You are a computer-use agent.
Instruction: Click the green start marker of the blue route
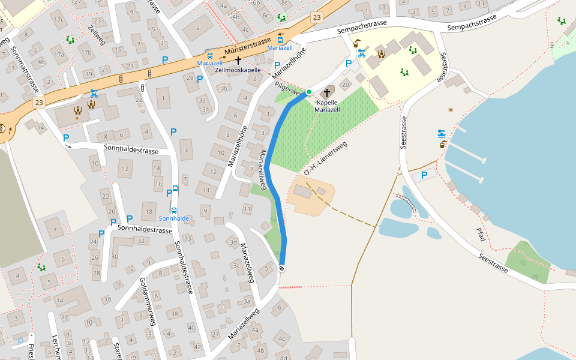pos(309,92)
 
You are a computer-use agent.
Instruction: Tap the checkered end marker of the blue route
pos(281,268)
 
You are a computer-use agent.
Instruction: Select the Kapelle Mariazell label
pos(328,106)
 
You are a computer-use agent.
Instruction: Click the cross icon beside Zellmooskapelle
pos(238,61)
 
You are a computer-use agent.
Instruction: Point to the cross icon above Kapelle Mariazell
pos(327,92)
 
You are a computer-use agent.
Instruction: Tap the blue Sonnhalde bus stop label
pos(174,218)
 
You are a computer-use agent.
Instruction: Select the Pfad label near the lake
pos(480,235)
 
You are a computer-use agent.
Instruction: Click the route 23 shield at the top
pos(316,18)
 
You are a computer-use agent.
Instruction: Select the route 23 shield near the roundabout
pos(40,103)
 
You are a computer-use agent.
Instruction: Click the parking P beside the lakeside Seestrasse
pos(424,175)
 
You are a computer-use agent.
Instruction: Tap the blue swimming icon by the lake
pos(442,133)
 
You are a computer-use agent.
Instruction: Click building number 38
pos(175,313)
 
